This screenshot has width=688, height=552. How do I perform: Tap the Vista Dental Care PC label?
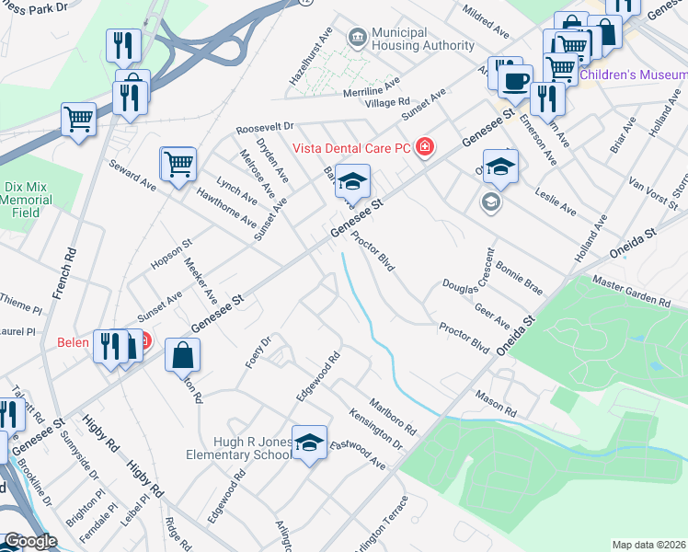click(352, 147)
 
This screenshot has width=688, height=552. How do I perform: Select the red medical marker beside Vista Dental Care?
click(424, 147)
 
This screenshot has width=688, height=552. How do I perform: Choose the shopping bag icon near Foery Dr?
click(183, 355)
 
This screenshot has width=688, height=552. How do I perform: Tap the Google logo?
click(30, 541)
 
